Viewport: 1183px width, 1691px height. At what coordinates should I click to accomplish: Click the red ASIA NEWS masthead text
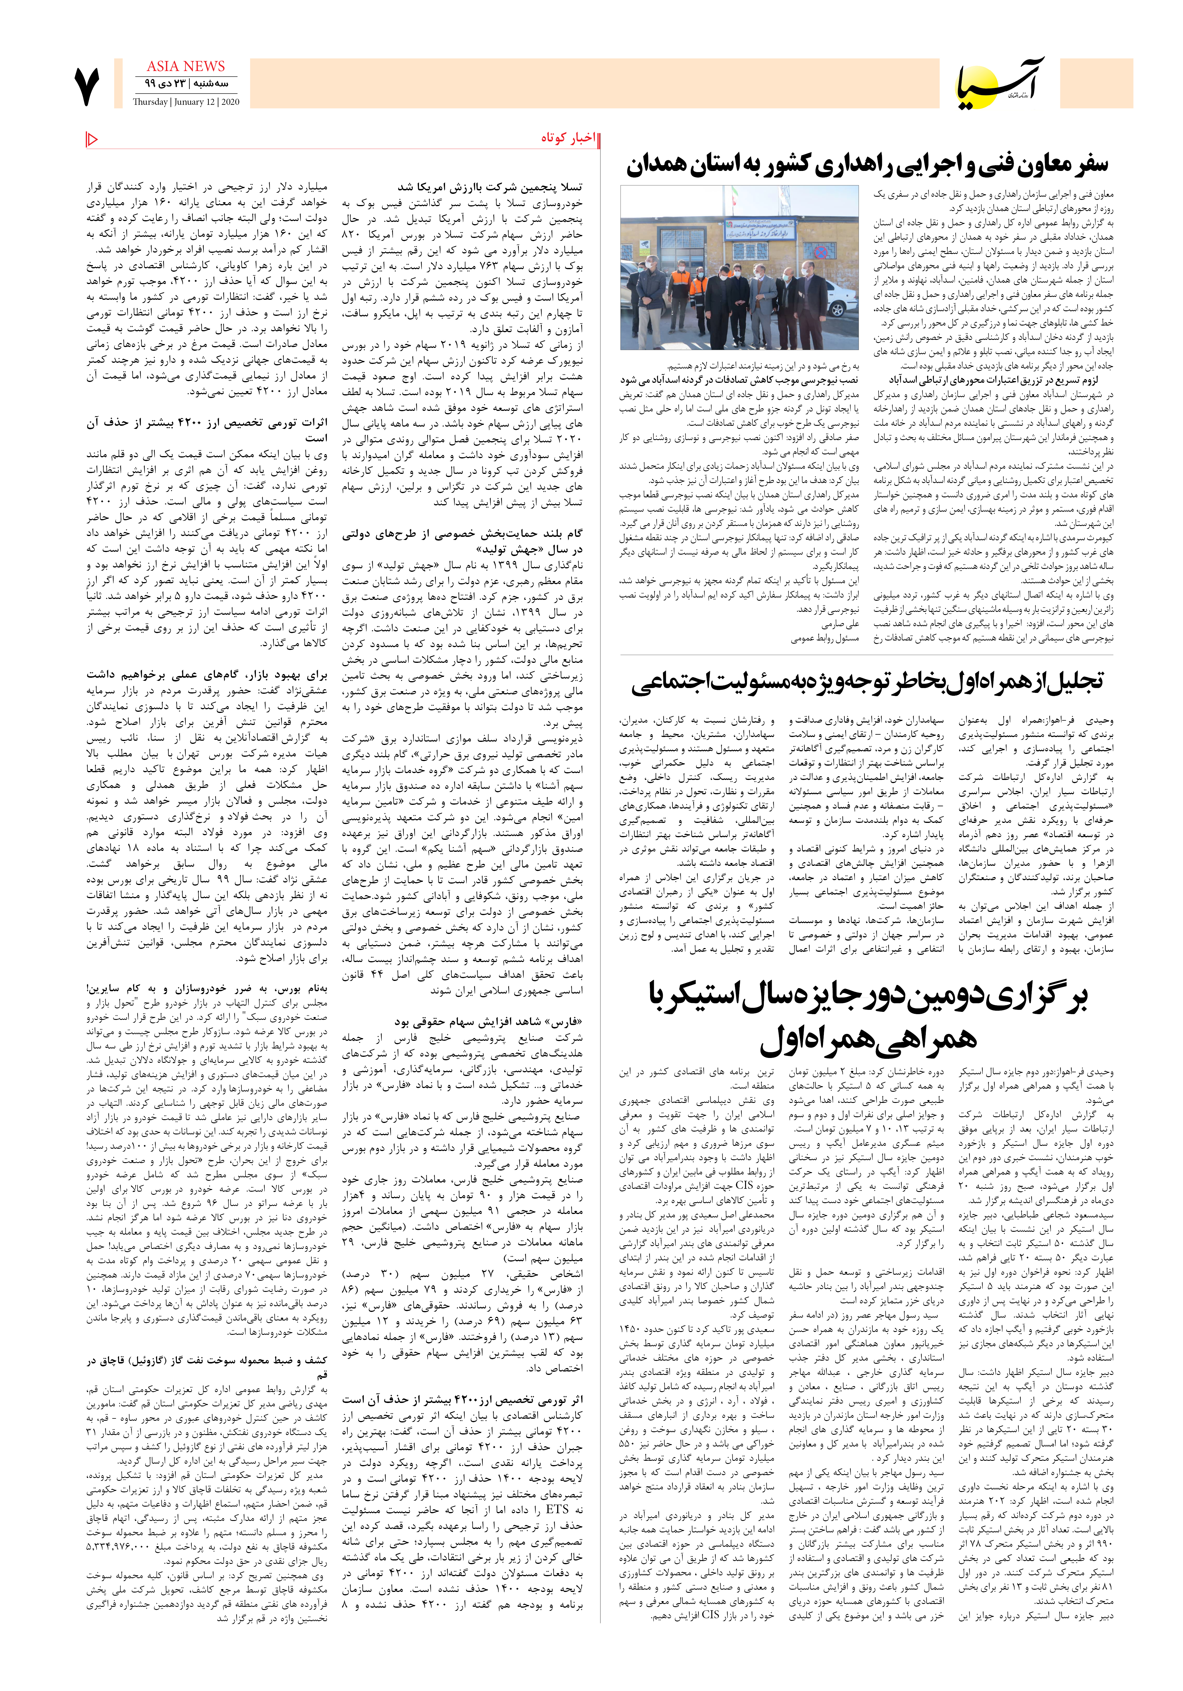[185, 66]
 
